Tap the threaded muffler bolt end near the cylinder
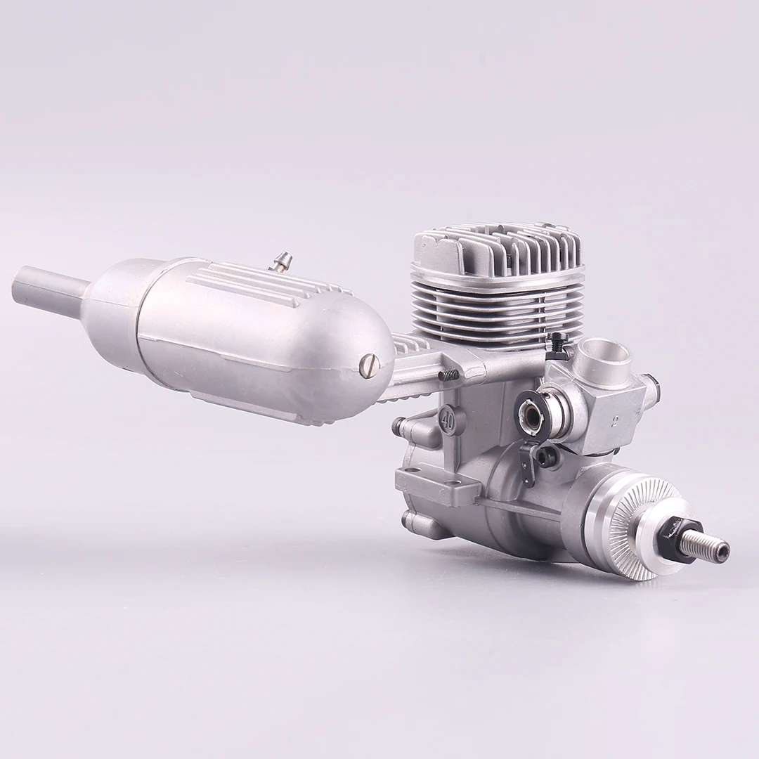447,377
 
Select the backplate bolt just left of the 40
400,424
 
